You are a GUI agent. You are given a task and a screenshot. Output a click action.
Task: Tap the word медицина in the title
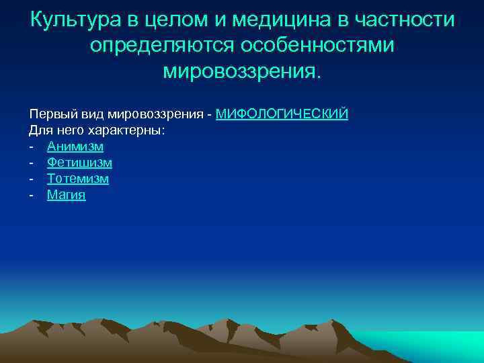point(272,19)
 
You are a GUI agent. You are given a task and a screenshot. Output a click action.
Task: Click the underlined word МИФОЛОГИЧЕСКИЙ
point(282,114)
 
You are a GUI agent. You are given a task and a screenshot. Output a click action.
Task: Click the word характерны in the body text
point(130,130)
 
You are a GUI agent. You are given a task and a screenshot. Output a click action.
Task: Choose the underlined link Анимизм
point(75,147)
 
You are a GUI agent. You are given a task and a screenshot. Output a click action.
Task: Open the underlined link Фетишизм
point(79,163)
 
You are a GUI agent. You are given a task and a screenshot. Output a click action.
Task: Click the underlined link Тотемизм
point(77,179)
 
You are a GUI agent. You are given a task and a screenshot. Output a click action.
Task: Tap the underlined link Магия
point(66,196)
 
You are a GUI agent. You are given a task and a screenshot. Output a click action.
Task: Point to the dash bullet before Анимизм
point(32,147)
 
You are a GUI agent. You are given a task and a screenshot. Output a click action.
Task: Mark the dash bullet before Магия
point(32,196)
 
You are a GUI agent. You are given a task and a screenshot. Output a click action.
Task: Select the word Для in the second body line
point(38,130)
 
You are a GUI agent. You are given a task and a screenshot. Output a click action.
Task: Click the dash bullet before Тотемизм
point(32,179)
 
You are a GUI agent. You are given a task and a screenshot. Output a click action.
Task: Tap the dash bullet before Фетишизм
point(32,163)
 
